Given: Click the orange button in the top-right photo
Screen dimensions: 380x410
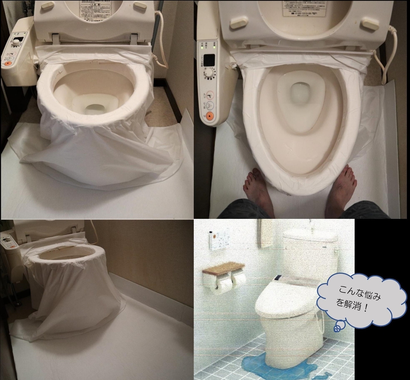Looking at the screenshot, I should (209, 116).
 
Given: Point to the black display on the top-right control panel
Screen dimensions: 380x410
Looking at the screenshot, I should (209, 60).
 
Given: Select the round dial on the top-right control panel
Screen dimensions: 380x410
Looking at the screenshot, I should (210, 73).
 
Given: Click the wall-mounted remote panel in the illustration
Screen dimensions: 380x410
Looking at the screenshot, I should (219, 239).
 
